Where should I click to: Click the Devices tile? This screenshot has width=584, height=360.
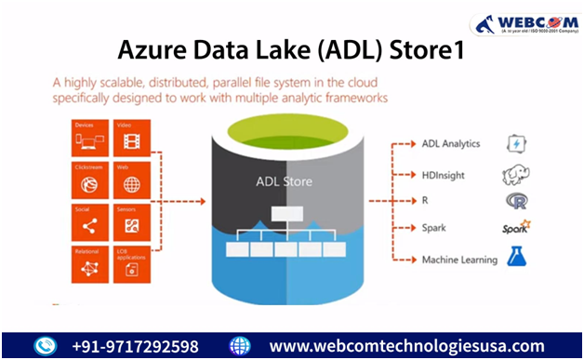92,138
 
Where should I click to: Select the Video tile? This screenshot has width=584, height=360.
133,138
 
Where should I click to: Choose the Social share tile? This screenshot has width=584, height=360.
92,222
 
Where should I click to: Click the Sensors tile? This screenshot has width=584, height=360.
133,222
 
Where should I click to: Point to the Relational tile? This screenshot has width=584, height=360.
92,264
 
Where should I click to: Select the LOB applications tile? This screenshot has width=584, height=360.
133,264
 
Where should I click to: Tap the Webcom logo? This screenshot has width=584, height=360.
522,23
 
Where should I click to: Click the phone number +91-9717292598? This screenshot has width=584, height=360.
135,346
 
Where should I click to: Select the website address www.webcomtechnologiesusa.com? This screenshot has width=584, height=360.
406,346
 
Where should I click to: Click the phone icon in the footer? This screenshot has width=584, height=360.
46,346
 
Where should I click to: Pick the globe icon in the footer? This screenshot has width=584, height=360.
240,346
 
